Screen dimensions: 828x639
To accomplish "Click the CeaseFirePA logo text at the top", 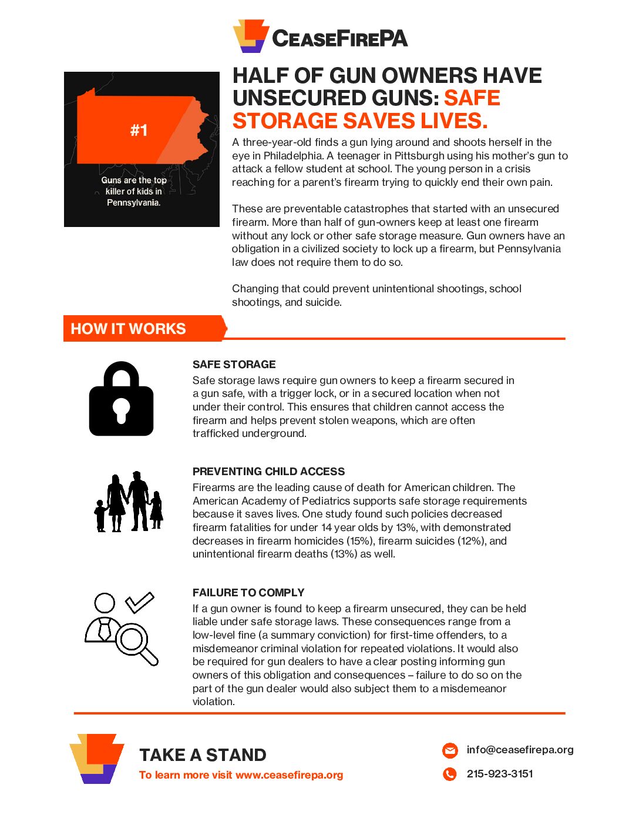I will click(339, 39).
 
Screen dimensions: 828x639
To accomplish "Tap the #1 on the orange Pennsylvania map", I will click(139, 130).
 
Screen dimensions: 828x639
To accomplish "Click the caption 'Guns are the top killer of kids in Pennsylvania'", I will click(134, 192).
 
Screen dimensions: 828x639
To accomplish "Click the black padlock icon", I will click(121, 399).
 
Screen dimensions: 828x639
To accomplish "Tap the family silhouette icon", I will click(129, 502).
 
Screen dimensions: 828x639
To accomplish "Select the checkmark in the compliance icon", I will click(140, 602).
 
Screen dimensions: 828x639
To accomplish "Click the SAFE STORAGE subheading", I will click(234, 365).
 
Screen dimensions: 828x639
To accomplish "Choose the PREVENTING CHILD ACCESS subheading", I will click(268, 472).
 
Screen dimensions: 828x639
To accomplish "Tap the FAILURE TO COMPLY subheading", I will click(248, 593).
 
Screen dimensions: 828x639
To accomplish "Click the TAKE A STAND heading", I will click(203, 755).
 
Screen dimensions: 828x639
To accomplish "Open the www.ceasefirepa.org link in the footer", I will click(289, 775).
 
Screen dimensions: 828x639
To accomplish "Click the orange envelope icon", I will click(450, 750).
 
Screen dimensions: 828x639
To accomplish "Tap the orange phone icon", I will click(450, 774).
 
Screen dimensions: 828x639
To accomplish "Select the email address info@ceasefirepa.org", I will click(520, 750).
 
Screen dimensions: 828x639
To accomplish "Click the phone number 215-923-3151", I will click(500, 774).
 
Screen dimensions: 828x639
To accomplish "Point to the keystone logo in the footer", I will click(97, 758).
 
